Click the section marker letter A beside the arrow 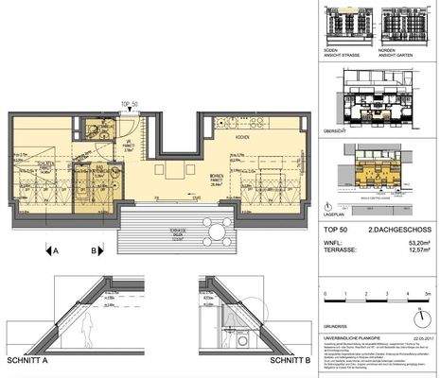(57, 251)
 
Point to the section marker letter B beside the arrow (93, 251)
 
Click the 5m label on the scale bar (428, 294)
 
